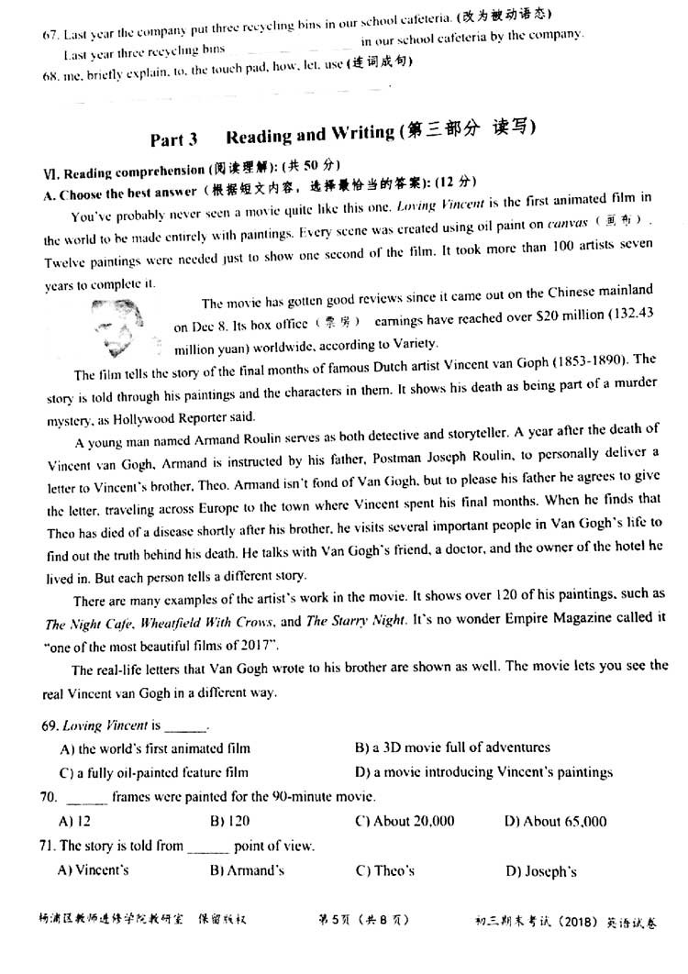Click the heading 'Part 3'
[174, 139]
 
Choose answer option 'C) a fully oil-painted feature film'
[153, 772]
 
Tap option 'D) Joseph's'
[541, 870]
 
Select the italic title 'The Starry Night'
[353, 621]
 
